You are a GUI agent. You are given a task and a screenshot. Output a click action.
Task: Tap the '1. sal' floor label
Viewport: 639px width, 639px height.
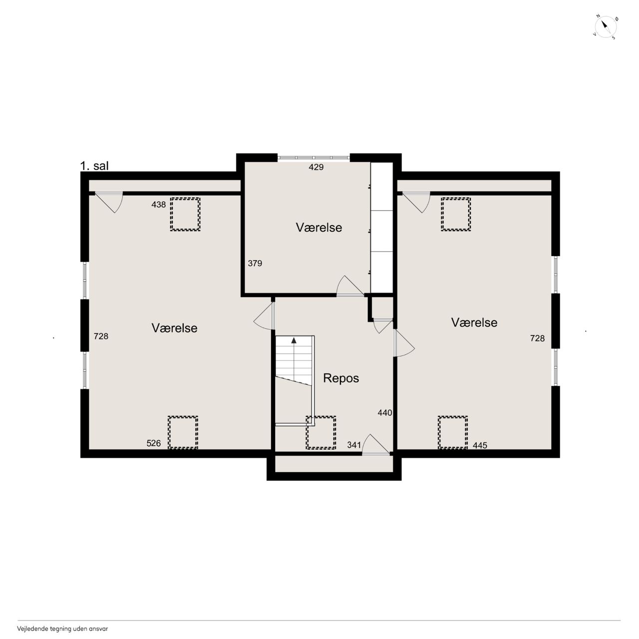tap(94, 166)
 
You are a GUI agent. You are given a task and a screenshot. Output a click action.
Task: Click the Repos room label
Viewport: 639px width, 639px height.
tap(341, 378)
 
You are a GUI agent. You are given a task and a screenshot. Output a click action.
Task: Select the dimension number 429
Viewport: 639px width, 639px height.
tap(316, 167)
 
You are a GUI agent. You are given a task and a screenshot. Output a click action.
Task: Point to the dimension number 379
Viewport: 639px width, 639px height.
tap(255, 263)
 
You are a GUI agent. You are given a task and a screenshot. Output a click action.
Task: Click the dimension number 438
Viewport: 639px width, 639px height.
tap(159, 205)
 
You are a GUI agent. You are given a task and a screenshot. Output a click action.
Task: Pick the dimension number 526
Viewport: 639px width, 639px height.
tap(154, 443)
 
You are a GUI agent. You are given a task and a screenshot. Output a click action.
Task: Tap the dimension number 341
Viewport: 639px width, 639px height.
tap(354, 445)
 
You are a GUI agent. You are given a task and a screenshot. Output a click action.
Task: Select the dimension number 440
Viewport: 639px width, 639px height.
tap(385, 413)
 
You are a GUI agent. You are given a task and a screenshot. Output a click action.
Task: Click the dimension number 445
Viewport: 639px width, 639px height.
tap(480, 446)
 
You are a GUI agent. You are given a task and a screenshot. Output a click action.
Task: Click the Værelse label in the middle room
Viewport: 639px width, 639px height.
tap(319, 228)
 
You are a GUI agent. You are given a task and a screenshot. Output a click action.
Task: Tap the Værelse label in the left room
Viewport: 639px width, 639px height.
tap(174, 328)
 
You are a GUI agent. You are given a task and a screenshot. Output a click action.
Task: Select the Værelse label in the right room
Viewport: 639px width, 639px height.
tap(474, 322)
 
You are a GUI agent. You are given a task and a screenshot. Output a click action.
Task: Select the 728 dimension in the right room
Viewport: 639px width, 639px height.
tap(538, 338)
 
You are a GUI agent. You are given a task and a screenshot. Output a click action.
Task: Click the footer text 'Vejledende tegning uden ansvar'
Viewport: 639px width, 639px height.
tap(63, 629)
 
